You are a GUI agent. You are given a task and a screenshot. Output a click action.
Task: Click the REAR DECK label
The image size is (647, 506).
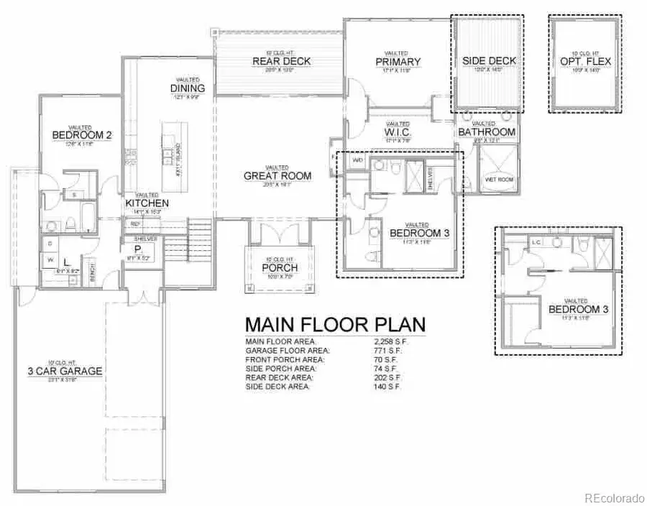coord(281,61)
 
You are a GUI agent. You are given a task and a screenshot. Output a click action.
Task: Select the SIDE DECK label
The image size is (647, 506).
coord(489,61)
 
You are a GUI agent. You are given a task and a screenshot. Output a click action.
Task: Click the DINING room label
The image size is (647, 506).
coord(188,88)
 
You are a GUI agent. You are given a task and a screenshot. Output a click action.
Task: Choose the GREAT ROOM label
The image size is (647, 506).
coord(277,175)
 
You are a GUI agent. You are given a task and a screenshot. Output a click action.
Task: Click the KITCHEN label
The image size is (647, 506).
coord(147,203)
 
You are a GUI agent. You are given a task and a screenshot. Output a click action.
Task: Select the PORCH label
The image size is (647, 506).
coord(280,268)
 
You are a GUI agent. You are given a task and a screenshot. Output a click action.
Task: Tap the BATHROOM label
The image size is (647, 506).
coord(487,132)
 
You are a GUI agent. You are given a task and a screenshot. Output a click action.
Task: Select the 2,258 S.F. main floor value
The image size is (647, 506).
coord(387,341)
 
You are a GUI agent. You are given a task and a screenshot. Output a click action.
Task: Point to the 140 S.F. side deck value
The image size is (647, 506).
coord(382,387)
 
